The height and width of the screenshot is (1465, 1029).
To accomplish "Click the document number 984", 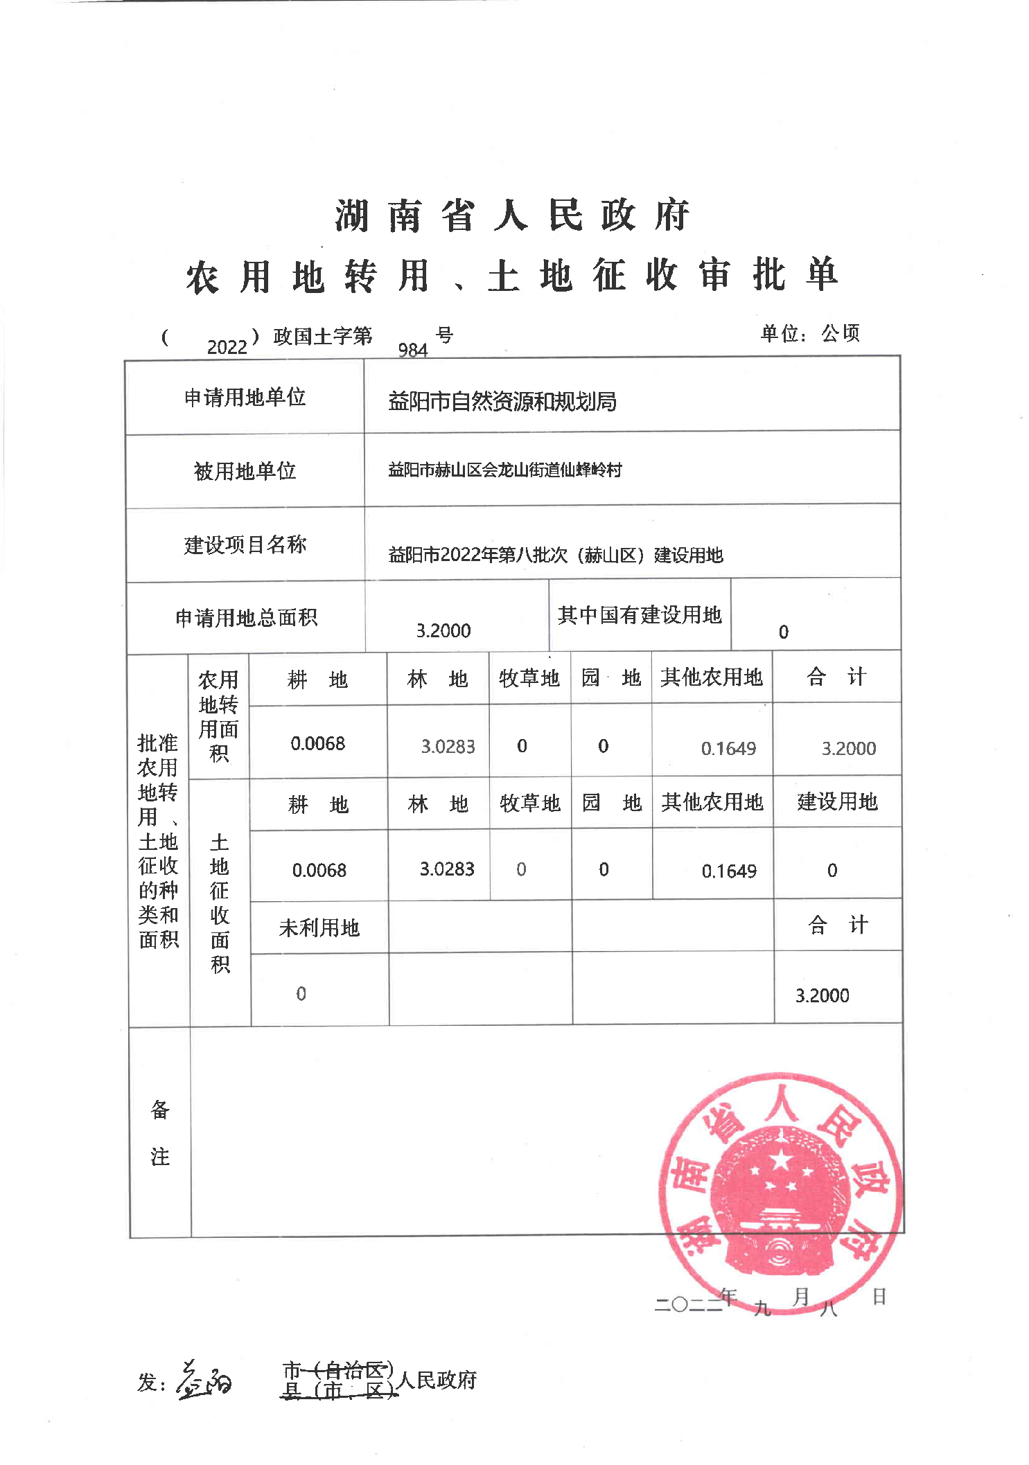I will tap(413, 350).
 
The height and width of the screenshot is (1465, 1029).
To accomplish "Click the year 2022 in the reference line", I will tap(227, 347).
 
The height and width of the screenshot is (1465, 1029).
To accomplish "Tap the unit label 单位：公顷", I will tap(809, 334).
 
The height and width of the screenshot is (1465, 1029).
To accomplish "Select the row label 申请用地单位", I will tap(245, 398).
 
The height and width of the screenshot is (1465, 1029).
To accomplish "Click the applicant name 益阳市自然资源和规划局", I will tap(502, 402).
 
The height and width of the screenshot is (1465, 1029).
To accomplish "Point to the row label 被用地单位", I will tap(245, 472).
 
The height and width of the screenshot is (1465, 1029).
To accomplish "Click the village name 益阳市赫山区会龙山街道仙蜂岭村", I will tap(504, 470).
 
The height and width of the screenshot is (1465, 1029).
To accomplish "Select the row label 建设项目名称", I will tap(245, 545).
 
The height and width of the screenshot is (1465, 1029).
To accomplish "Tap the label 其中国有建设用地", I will tap(639, 615).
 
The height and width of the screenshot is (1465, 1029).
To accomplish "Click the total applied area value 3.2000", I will tap(443, 631).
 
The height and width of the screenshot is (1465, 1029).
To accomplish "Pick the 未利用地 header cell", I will tap(319, 928).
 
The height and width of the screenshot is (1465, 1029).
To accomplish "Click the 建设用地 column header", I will tap(837, 802).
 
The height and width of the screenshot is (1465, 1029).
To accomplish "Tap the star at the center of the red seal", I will tap(781, 1159).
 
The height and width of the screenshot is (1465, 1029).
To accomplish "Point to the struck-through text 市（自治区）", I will tap(337, 1369).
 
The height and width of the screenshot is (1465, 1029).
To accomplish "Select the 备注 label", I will tap(159, 1133).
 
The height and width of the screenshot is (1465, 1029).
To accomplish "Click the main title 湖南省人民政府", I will tap(512, 215).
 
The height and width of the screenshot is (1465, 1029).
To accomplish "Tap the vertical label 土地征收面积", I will tap(220, 903).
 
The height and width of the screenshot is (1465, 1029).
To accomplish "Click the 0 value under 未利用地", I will tap(301, 994).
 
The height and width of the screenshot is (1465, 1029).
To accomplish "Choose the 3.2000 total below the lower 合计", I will tap(822, 996).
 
